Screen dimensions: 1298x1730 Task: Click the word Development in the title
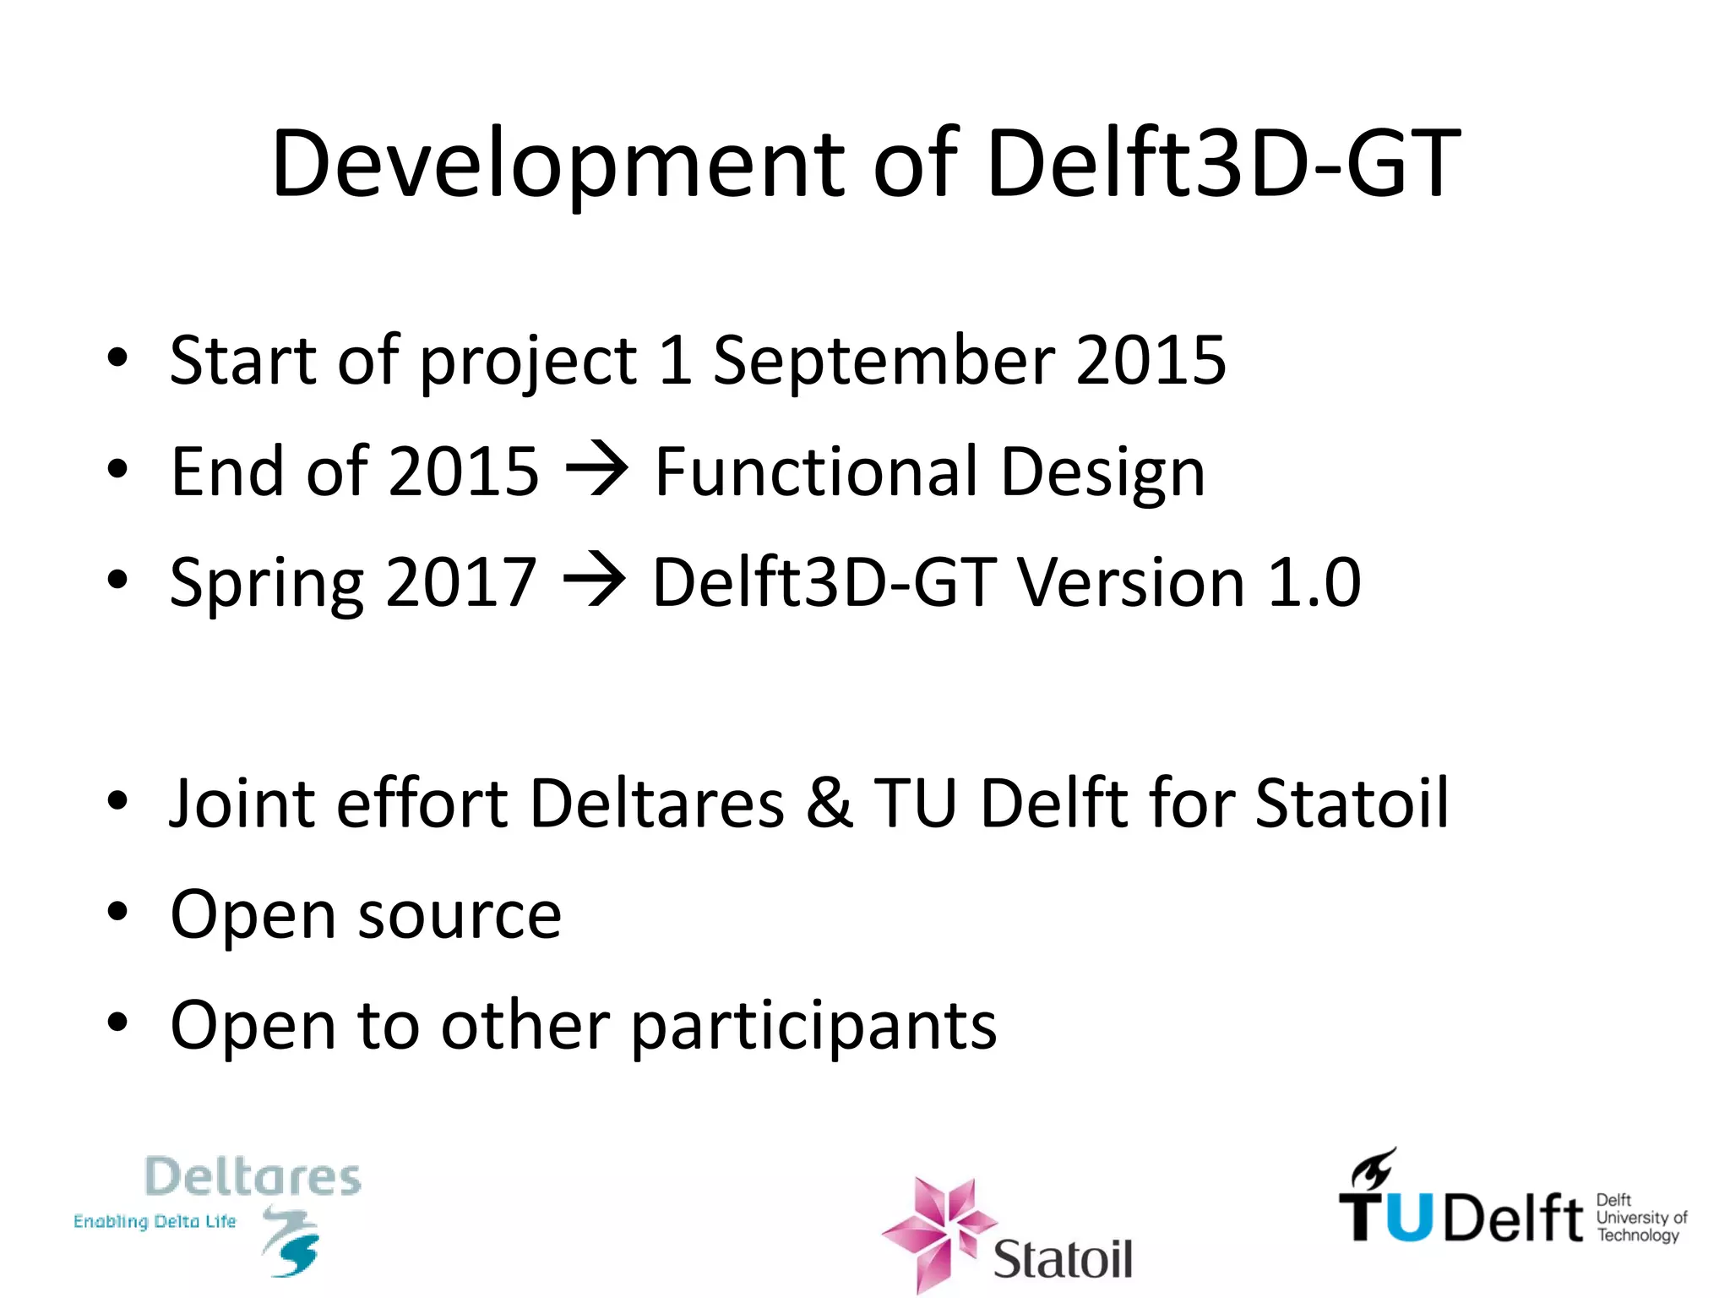(558, 165)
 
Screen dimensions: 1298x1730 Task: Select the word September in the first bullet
(884, 361)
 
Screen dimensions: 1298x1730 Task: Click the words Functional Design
(929, 472)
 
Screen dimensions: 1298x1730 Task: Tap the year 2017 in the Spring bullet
(460, 582)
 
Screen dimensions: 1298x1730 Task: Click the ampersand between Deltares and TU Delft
(829, 802)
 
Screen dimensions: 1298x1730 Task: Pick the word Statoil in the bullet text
(1352, 802)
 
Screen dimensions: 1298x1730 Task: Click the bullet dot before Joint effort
(117, 800)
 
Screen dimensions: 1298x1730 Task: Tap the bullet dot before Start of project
(117, 357)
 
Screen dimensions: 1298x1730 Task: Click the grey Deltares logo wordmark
(253, 1176)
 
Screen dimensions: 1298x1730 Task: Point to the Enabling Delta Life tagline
(155, 1222)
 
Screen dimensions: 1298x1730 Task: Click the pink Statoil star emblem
(938, 1230)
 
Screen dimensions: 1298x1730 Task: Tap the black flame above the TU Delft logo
(1372, 1167)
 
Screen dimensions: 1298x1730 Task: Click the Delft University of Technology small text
(1640, 1218)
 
